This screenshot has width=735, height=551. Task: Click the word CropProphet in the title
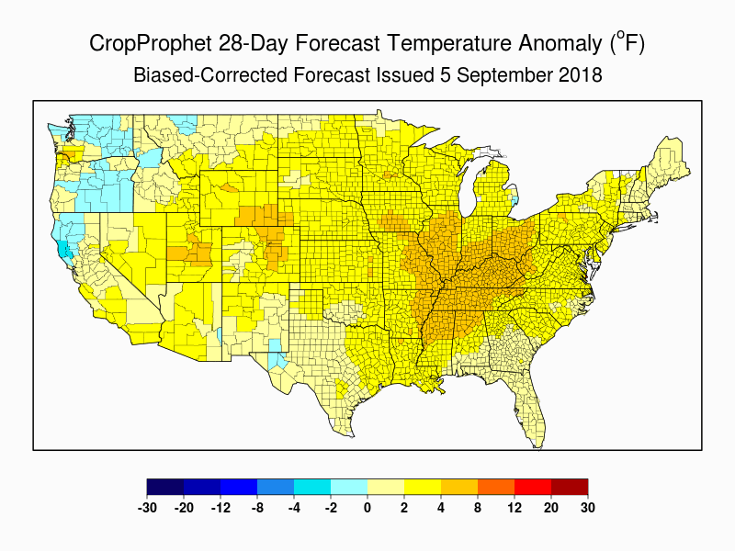146,43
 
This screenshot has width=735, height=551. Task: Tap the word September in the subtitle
508,75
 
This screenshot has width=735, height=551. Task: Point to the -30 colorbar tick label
147,507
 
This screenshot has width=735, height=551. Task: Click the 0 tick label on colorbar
367,507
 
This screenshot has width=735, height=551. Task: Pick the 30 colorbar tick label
588,507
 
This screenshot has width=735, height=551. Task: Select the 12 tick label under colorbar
514,507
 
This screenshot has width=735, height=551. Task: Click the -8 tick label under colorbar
257,507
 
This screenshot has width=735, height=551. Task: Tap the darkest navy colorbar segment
165,488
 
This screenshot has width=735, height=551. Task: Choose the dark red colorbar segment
570,488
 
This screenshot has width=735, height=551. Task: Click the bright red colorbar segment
533,488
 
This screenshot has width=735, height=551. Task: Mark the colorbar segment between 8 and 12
496,488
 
